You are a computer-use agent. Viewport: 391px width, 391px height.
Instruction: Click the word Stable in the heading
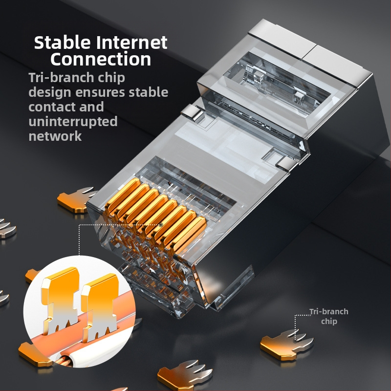coord(62,42)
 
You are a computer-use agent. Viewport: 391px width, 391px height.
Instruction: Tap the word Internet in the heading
coord(132,42)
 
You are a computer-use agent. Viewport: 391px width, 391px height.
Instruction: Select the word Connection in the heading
coord(101,59)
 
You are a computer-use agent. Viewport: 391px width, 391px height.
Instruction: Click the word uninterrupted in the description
coord(73,121)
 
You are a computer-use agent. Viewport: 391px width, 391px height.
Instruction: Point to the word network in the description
coord(55,136)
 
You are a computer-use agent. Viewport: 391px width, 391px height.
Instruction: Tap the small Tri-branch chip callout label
coord(329,316)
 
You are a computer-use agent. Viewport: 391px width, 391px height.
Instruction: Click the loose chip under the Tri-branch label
coord(287,344)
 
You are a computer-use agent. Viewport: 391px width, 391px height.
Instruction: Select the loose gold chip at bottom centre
coord(185,374)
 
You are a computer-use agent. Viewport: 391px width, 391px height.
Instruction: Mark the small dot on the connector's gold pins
coord(161,225)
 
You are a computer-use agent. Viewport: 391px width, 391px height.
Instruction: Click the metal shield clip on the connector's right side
coord(285,162)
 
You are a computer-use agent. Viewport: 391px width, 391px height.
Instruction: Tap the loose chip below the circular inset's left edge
coord(34,354)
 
